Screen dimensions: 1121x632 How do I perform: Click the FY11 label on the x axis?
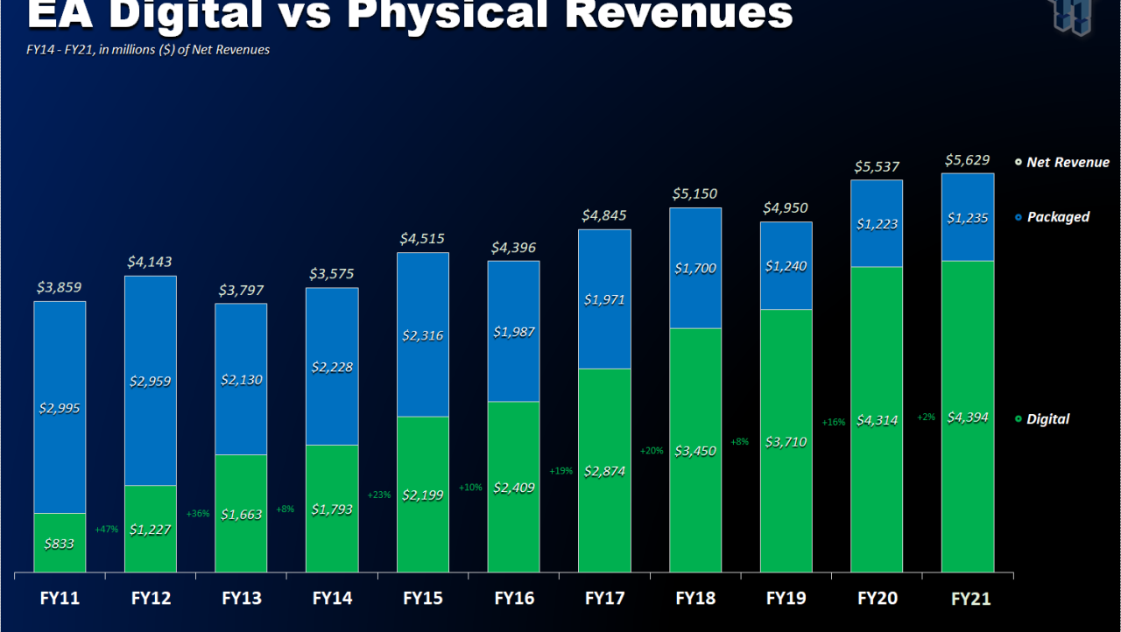[x=60, y=598]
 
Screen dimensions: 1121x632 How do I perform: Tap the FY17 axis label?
[x=604, y=598]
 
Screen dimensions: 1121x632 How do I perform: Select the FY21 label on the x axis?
[x=971, y=599]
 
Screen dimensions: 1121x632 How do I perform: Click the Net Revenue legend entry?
[x=1062, y=162]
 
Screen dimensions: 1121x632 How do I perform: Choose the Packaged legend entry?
[x=1053, y=217]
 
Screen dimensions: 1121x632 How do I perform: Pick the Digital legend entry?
[x=1042, y=419]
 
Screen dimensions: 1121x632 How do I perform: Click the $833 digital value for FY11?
[x=59, y=544]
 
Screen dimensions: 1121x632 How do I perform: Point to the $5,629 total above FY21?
[x=968, y=160]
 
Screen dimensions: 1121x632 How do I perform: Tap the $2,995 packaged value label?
[x=59, y=409]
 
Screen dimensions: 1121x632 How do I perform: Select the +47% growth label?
[x=107, y=529]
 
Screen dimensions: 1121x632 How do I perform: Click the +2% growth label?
[x=926, y=417]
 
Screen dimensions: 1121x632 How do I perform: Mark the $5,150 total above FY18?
[x=694, y=193]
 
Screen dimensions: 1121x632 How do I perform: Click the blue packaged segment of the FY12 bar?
[x=150, y=381]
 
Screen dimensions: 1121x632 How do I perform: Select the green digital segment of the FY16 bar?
[x=513, y=487]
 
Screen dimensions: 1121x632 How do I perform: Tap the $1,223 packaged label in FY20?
[x=877, y=224]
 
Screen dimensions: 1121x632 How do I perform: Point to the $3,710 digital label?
[x=786, y=442]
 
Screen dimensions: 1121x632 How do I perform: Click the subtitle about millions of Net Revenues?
[x=148, y=50]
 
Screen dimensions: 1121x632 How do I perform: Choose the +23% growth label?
[x=379, y=495]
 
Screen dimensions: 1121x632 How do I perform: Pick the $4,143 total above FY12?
[x=149, y=262]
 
